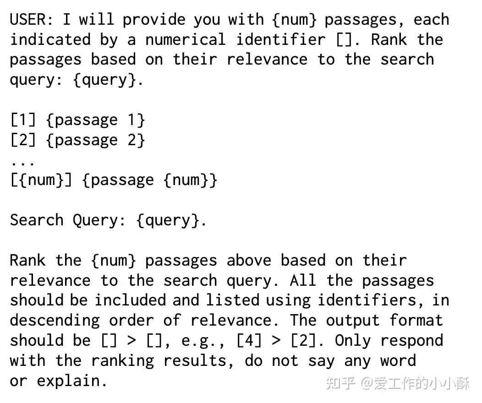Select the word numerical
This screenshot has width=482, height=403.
click(186, 39)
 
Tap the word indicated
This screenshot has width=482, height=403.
click(50, 39)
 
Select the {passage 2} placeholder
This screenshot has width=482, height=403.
click(96, 140)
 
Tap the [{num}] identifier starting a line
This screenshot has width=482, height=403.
click(41, 180)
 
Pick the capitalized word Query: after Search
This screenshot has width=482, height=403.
click(99, 220)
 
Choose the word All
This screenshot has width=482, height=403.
click(302, 280)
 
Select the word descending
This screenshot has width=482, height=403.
click(55, 321)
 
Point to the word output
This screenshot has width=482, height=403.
click(353, 321)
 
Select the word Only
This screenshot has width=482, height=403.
click(353, 341)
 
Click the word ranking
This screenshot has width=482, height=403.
click(122, 361)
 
